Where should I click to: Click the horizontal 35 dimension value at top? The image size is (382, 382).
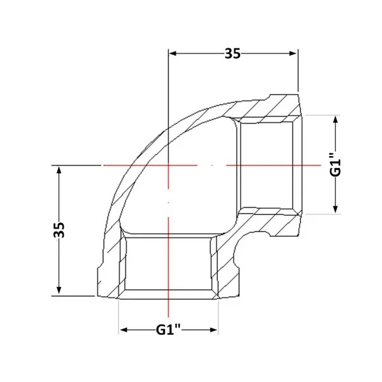point(232,53)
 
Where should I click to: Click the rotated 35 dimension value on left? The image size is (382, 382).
point(59,229)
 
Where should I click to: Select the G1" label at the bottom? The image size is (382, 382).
point(168,330)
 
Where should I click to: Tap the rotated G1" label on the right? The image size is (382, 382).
point(336,164)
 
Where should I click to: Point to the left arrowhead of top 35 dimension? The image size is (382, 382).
point(173,53)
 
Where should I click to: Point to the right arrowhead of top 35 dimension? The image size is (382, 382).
point(293,53)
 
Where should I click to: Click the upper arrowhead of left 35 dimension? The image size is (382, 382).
point(59,169)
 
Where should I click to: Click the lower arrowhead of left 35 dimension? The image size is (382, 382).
point(59,290)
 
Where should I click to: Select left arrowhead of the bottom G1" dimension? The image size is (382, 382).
point(124,330)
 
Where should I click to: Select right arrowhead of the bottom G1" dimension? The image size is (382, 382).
point(213,330)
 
